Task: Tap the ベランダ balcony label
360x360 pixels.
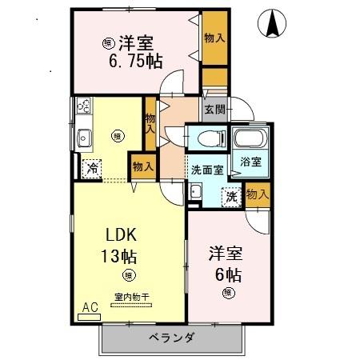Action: point(172,337)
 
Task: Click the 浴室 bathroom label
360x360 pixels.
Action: point(250,162)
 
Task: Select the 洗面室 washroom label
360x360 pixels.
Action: point(206,170)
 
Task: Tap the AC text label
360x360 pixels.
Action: point(89,306)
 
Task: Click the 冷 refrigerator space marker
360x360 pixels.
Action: point(93,169)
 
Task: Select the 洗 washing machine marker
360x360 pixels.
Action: point(231,195)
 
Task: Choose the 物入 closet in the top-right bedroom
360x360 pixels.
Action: point(214,38)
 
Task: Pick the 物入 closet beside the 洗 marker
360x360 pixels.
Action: point(257,194)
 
